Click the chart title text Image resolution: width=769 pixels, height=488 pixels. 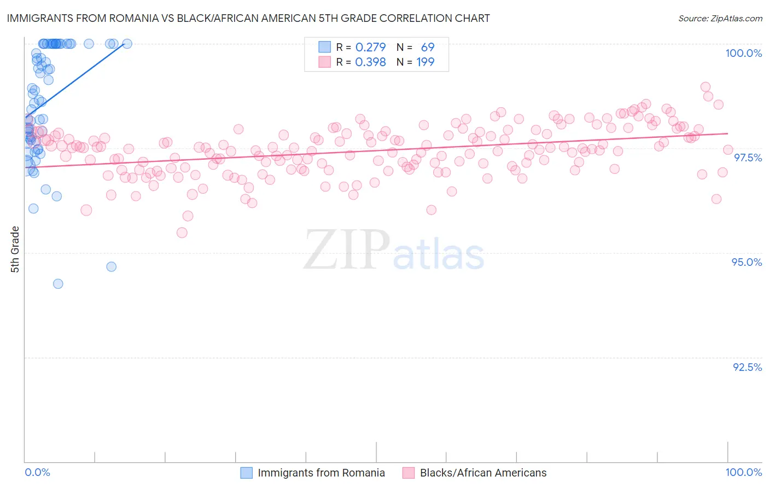click(248, 18)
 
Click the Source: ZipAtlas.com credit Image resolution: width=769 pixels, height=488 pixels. click(720, 18)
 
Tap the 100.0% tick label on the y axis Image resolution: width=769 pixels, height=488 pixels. click(743, 53)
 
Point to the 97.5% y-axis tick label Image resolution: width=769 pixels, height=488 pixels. click(747, 158)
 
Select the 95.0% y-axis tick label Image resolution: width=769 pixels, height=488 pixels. click(747, 262)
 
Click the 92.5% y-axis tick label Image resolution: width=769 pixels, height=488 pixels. click(747, 367)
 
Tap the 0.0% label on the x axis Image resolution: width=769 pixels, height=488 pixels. click(37, 472)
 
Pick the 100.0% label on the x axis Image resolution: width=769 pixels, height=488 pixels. click(743, 472)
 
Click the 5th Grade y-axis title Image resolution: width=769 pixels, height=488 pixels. click(15, 249)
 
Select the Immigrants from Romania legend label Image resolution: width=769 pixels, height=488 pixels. click(321, 473)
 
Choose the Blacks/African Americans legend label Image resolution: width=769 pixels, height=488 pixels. click(483, 473)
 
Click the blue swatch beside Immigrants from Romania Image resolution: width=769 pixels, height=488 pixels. click(247, 473)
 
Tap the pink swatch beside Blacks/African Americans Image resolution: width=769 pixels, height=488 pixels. click(409, 473)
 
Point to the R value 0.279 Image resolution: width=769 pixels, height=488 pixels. click(370, 48)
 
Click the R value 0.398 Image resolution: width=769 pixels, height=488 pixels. click(370, 62)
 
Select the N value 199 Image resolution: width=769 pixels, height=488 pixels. click(425, 62)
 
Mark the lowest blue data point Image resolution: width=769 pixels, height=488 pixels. click(58, 284)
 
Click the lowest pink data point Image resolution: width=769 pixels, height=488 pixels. click(182, 233)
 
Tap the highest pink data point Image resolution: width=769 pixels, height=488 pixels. click(706, 87)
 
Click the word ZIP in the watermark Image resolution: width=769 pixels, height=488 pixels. click(346, 250)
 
